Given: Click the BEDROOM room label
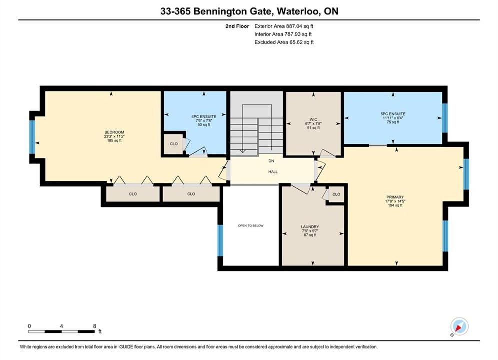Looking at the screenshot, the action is pos(114,132).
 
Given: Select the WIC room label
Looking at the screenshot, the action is pos(313,120).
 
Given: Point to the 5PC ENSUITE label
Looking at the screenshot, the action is pos(393,114).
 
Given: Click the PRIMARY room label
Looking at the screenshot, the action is pos(395,197).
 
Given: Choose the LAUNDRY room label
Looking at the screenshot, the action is pos(310,227).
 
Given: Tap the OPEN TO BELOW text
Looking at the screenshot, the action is pos(251,226).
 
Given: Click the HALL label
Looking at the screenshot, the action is pos(273,172).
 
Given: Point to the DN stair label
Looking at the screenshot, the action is pos(271,161).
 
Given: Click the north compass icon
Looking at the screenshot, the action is pos(459,326).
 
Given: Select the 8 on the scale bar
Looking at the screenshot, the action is pos(94,326).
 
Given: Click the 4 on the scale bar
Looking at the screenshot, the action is pos(61,326).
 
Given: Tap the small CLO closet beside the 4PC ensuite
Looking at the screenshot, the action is pos(173,144).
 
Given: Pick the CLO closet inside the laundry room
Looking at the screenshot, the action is pos(336,194).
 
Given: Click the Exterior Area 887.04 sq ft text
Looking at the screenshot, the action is pos(284,26).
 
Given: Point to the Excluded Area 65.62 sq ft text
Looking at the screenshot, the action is pos(284,42).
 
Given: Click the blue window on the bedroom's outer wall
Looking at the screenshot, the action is pos(32,137).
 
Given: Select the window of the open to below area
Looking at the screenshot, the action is pos(220,240).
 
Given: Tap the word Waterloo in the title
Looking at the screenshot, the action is pos(298,11).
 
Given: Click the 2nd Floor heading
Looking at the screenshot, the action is pos(237,26).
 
